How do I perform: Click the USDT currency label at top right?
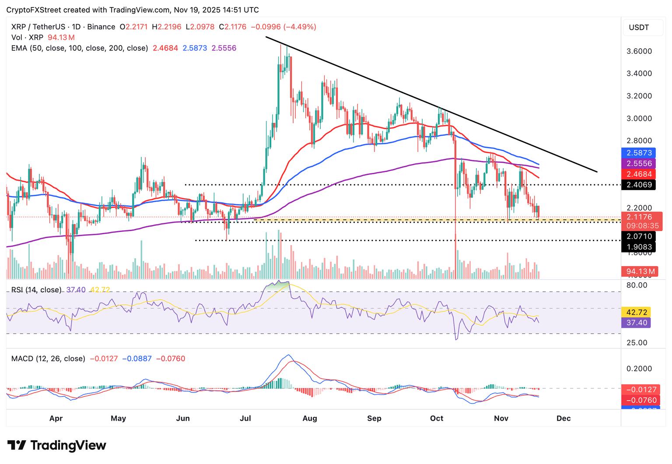click(x=639, y=28)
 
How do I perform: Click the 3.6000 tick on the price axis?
click(x=639, y=51)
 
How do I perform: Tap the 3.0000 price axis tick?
click(x=639, y=118)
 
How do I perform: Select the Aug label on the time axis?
click(x=310, y=418)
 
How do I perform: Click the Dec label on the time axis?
click(x=563, y=418)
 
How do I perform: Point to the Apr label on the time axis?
click(x=56, y=418)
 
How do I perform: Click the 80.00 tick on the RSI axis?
click(x=637, y=285)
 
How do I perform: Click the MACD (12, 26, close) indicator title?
click(x=48, y=359)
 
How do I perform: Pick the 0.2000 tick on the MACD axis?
click(x=639, y=369)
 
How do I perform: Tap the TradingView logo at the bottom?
click(x=57, y=445)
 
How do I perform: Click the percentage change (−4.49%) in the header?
click(x=300, y=27)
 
